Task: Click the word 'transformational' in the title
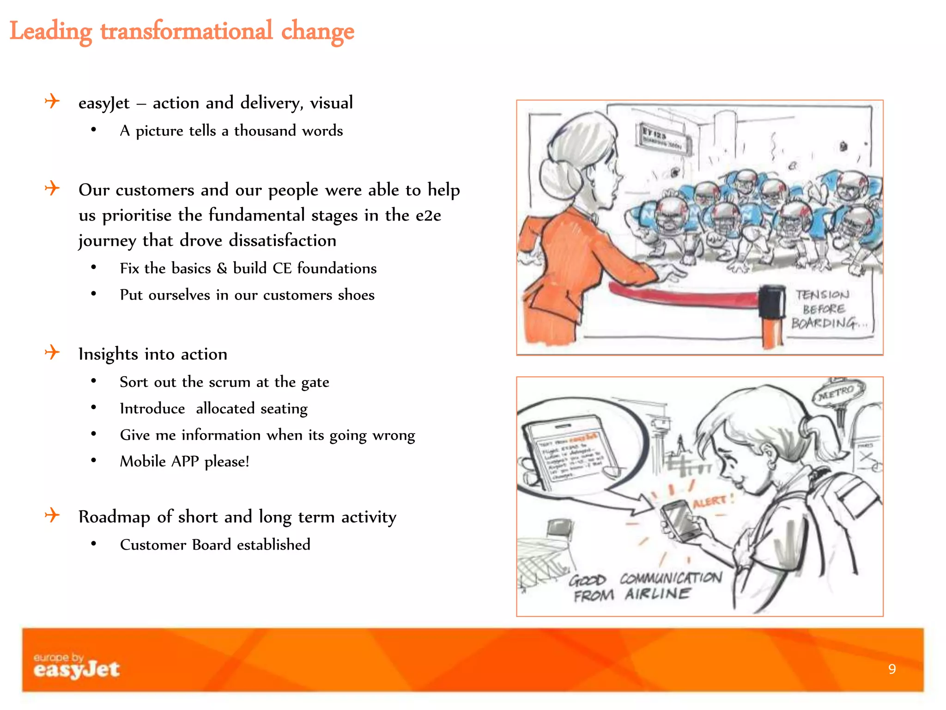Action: pyautogui.click(x=186, y=31)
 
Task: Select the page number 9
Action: pyautogui.click(x=892, y=669)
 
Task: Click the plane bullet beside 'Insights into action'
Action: pyautogui.click(x=52, y=353)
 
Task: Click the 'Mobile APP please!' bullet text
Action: pyautogui.click(x=184, y=461)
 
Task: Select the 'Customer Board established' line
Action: pyautogui.click(x=215, y=545)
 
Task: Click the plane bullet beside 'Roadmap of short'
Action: pyautogui.click(x=52, y=515)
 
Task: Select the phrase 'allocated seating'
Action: pyautogui.click(x=251, y=409)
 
